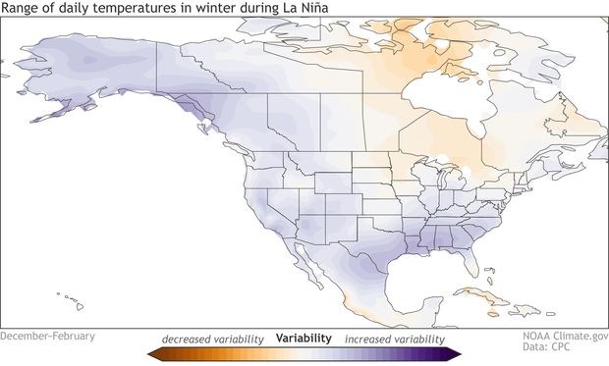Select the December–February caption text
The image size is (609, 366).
48,336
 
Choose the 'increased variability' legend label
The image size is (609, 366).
388,338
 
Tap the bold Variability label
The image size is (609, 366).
304,338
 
